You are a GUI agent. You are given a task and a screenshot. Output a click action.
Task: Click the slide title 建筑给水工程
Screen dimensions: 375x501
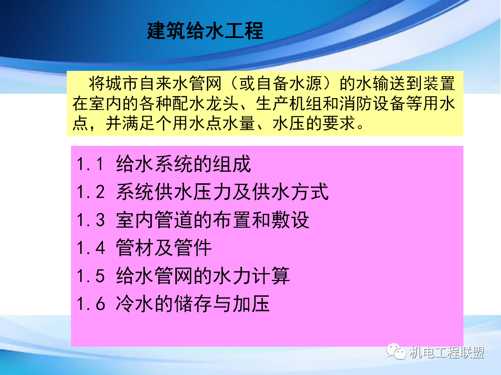[x=205, y=31]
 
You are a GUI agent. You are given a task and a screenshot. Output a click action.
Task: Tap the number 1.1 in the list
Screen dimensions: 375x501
[x=91, y=164]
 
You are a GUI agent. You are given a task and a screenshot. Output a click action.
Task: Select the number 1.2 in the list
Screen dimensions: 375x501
[x=91, y=192]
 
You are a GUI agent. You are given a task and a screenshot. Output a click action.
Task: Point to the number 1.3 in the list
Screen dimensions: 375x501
[x=91, y=220]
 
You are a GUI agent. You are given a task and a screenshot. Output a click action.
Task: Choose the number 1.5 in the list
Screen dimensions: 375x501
[x=91, y=276]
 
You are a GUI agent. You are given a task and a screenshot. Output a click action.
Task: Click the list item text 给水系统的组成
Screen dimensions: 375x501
[x=184, y=164]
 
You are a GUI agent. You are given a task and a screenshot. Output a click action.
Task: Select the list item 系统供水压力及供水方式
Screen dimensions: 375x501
[x=222, y=192]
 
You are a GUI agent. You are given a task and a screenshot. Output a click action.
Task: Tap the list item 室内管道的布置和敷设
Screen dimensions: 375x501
[x=212, y=220]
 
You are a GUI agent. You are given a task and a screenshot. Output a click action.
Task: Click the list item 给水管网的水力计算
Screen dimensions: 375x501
[x=203, y=276]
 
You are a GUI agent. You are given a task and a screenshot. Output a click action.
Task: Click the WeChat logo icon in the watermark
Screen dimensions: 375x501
[x=397, y=352]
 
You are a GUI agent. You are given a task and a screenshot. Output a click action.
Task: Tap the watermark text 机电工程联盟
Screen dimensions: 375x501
[x=447, y=353]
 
